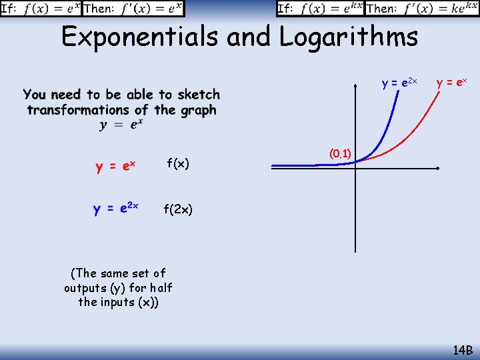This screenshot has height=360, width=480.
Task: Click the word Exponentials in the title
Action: pyautogui.click(x=140, y=37)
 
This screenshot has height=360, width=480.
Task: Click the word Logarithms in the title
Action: pyautogui.click(x=348, y=37)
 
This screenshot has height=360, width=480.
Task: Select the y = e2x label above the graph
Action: pyautogui.click(x=399, y=83)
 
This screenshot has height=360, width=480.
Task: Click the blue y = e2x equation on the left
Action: pyautogui.click(x=115, y=209)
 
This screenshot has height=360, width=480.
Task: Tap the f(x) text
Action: pyautogui.click(x=178, y=163)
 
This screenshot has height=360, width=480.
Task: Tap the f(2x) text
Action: pyautogui.click(x=178, y=210)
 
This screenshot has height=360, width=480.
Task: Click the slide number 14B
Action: pyautogui.click(x=462, y=349)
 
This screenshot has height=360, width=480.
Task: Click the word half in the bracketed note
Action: pyautogui.click(x=161, y=287)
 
